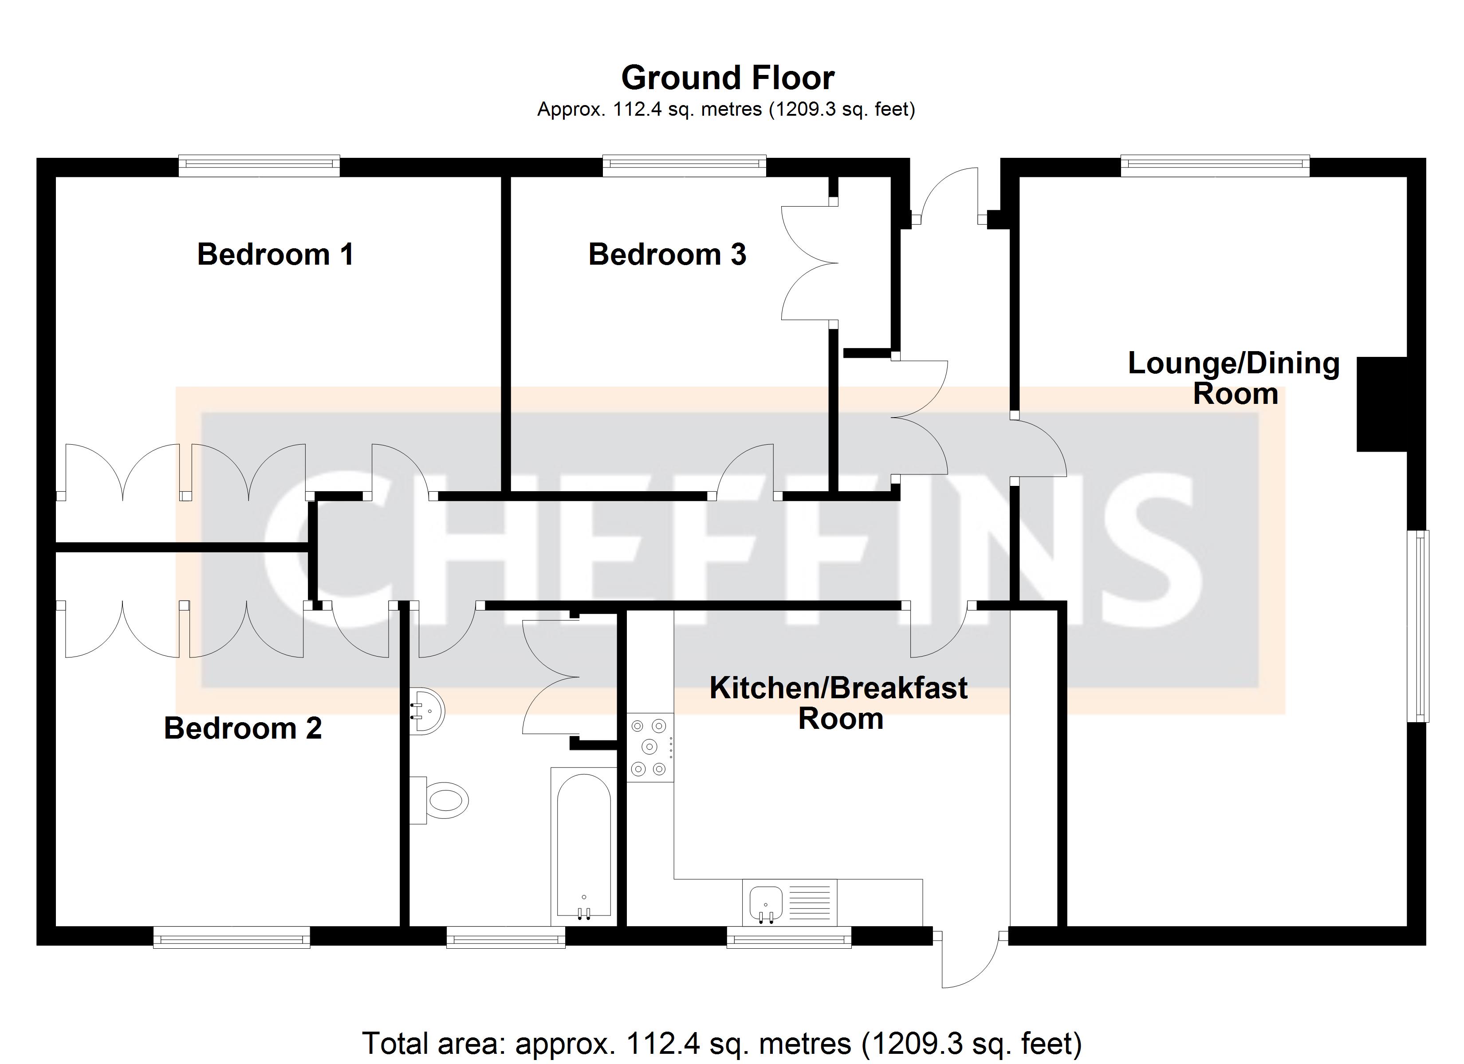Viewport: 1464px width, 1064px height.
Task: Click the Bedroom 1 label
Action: pos(275,254)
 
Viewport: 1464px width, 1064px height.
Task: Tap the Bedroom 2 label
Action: pos(243,728)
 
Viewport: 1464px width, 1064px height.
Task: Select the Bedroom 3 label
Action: pos(667,254)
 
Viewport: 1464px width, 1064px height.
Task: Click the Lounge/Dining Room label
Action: pos(1234,378)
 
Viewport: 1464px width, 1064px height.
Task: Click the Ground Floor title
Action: pos(728,78)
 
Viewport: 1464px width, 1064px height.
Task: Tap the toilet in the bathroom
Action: pos(445,801)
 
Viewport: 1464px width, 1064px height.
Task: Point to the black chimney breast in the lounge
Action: pos(1381,404)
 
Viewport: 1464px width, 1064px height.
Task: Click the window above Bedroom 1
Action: pos(259,166)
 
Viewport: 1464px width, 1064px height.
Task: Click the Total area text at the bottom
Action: pos(721,1043)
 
